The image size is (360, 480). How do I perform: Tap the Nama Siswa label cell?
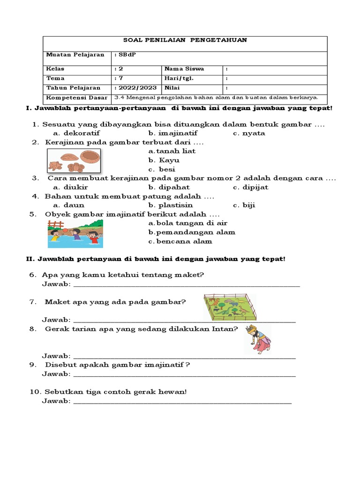(x=184, y=69)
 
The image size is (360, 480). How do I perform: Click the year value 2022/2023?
(x=136, y=88)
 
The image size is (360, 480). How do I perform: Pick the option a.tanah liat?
(x=172, y=151)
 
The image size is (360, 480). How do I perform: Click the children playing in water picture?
(x=75, y=233)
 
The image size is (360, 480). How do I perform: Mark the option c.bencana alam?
(x=180, y=241)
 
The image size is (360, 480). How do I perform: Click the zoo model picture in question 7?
(x=230, y=307)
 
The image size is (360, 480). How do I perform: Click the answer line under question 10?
(x=183, y=402)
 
